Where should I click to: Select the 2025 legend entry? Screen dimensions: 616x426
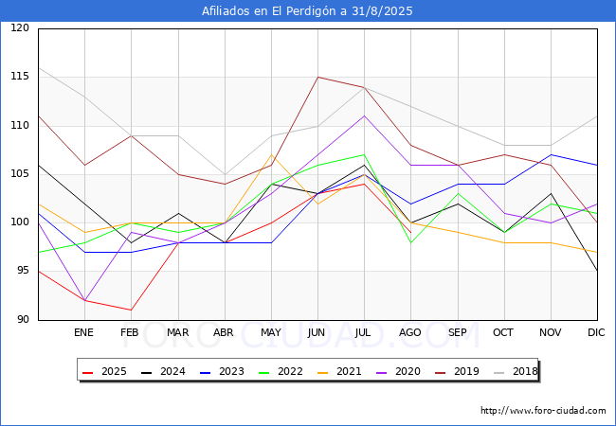click(x=104, y=371)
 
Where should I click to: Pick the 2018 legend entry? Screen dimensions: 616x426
click(x=516, y=371)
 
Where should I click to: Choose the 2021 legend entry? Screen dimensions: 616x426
click(x=339, y=371)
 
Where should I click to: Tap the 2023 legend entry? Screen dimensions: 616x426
click(x=222, y=371)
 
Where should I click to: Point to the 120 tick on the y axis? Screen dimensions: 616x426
click(x=20, y=27)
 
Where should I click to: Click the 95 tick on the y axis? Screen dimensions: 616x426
click(x=23, y=270)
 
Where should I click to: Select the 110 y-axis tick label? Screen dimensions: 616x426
click(x=20, y=125)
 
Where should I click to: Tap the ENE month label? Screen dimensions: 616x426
click(x=83, y=332)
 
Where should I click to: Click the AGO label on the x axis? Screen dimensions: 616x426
click(x=410, y=332)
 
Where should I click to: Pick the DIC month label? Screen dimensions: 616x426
click(x=596, y=332)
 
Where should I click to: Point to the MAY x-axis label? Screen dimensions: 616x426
click(x=271, y=332)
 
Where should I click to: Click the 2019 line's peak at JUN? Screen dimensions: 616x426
click(x=317, y=78)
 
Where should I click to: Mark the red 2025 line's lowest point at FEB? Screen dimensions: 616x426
click(x=131, y=310)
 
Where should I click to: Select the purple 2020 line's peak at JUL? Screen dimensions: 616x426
click(x=365, y=116)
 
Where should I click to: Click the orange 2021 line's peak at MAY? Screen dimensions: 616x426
click(x=271, y=155)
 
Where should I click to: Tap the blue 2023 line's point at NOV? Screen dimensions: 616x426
click(x=552, y=155)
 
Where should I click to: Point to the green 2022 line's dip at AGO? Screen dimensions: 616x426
click(x=411, y=242)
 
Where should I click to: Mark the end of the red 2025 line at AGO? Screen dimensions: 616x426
click(x=411, y=233)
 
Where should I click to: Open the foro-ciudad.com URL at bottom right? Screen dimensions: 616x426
click(x=543, y=411)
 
